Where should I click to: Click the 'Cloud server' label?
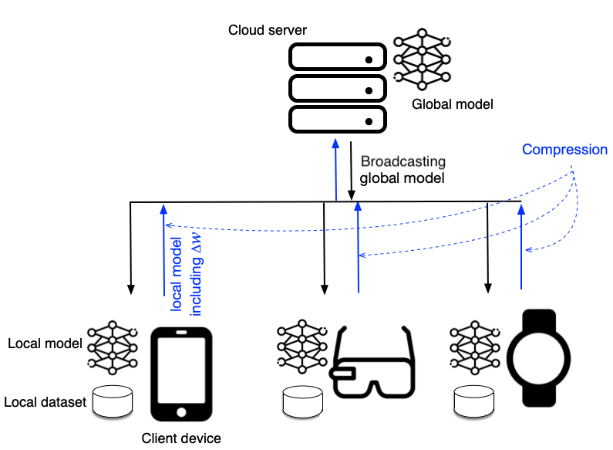pyautogui.click(x=268, y=30)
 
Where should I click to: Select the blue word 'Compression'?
pyautogui.click(x=564, y=150)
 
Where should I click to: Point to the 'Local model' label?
pyautogui.click(x=44, y=343)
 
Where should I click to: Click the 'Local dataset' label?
pyautogui.click(x=45, y=402)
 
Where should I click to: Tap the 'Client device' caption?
pyautogui.click(x=181, y=438)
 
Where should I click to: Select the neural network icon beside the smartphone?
pyautogui.click(x=113, y=347)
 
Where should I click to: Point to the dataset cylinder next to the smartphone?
pyautogui.click(x=113, y=400)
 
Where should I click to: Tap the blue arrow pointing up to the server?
pyautogui.click(x=335, y=170)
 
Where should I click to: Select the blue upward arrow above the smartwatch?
pyautogui.click(x=522, y=247)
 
